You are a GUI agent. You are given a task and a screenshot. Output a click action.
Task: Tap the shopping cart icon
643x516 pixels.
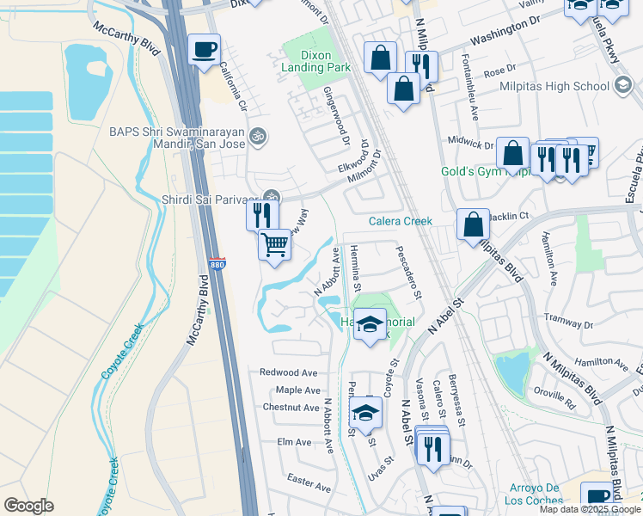point(275,245)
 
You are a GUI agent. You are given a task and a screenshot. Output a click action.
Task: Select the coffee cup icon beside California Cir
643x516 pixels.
point(204,50)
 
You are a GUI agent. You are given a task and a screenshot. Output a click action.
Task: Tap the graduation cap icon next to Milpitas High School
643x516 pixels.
point(624,85)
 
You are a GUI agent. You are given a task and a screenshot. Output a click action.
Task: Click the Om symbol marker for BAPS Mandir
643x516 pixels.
point(255,135)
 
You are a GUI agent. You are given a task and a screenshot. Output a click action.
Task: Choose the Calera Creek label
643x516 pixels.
point(400,221)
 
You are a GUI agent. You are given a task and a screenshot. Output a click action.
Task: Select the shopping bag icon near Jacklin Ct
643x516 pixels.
point(473,225)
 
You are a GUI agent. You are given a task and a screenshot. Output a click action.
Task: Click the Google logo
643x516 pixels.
point(29,506)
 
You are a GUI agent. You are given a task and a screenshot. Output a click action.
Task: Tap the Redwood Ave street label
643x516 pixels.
point(289,372)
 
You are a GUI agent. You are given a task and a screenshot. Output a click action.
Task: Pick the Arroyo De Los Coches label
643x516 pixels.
point(531,494)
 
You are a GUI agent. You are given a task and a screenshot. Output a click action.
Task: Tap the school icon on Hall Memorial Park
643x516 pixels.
point(370,324)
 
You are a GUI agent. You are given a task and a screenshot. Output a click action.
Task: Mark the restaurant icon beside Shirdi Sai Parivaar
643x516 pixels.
point(263,213)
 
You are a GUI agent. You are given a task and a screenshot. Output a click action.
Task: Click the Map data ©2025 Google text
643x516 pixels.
point(590,509)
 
